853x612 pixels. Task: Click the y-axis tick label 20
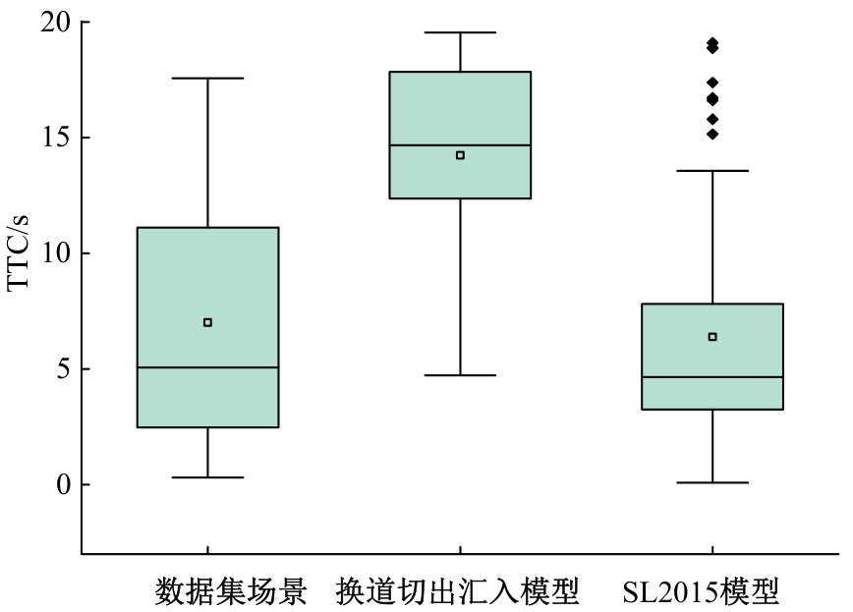pos(56,23)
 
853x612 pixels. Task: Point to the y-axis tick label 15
pos(56,139)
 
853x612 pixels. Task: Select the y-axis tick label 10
pos(56,254)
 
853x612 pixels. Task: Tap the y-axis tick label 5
pos(64,369)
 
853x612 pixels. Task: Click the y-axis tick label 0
pos(64,485)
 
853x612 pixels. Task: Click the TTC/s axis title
pos(18,253)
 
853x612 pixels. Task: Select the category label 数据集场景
pos(231,592)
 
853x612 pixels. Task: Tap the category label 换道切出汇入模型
pos(458,592)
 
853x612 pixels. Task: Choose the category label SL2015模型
pos(702,592)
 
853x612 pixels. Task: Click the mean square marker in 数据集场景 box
pos(207,322)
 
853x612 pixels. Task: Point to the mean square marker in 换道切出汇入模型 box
pos(460,155)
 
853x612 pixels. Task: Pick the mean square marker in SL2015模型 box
pos(712,337)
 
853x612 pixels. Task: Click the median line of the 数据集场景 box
pos(207,367)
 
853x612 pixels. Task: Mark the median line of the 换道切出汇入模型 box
pos(460,145)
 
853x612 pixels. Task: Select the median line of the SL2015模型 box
pos(712,377)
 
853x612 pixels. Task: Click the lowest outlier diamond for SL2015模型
pos(712,135)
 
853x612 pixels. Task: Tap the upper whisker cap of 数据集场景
pos(207,79)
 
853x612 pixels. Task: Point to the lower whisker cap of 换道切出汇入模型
pos(460,375)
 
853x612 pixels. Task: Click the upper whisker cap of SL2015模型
pos(712,171)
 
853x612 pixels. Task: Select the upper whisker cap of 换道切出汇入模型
pos(460,32)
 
